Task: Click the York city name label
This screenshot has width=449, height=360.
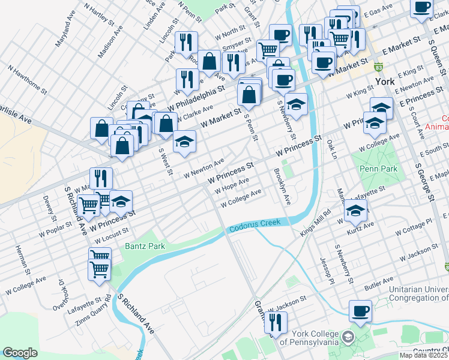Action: [x=383, y=82]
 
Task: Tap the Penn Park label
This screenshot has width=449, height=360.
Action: [x=378, y=169]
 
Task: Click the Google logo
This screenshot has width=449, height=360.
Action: [x=20, y=353]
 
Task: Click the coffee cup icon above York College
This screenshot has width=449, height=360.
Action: [x=360, y=311]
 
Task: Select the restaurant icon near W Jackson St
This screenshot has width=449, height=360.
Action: [x=276, y=323]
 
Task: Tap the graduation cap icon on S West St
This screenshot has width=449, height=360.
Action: [x=185, y=142]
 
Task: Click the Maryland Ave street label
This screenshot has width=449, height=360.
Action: [x=65, y=37]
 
